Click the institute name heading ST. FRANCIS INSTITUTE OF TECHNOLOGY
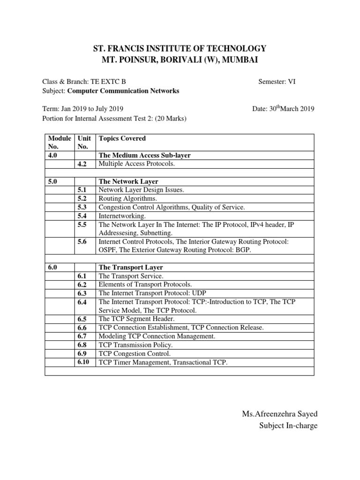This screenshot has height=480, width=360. (x=180, y=49)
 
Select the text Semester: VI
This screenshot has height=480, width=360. (x=277, y=82)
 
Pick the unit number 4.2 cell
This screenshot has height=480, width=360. (x=82, y=164)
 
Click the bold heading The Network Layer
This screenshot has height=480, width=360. (x=128, y=181)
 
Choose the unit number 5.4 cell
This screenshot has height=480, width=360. (x=82, y=216)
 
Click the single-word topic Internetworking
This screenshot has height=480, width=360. (x=122, y=216)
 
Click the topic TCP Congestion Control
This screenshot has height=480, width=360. (x=135, y=354)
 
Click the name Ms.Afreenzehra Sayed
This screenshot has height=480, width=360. (x=279, y=413)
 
